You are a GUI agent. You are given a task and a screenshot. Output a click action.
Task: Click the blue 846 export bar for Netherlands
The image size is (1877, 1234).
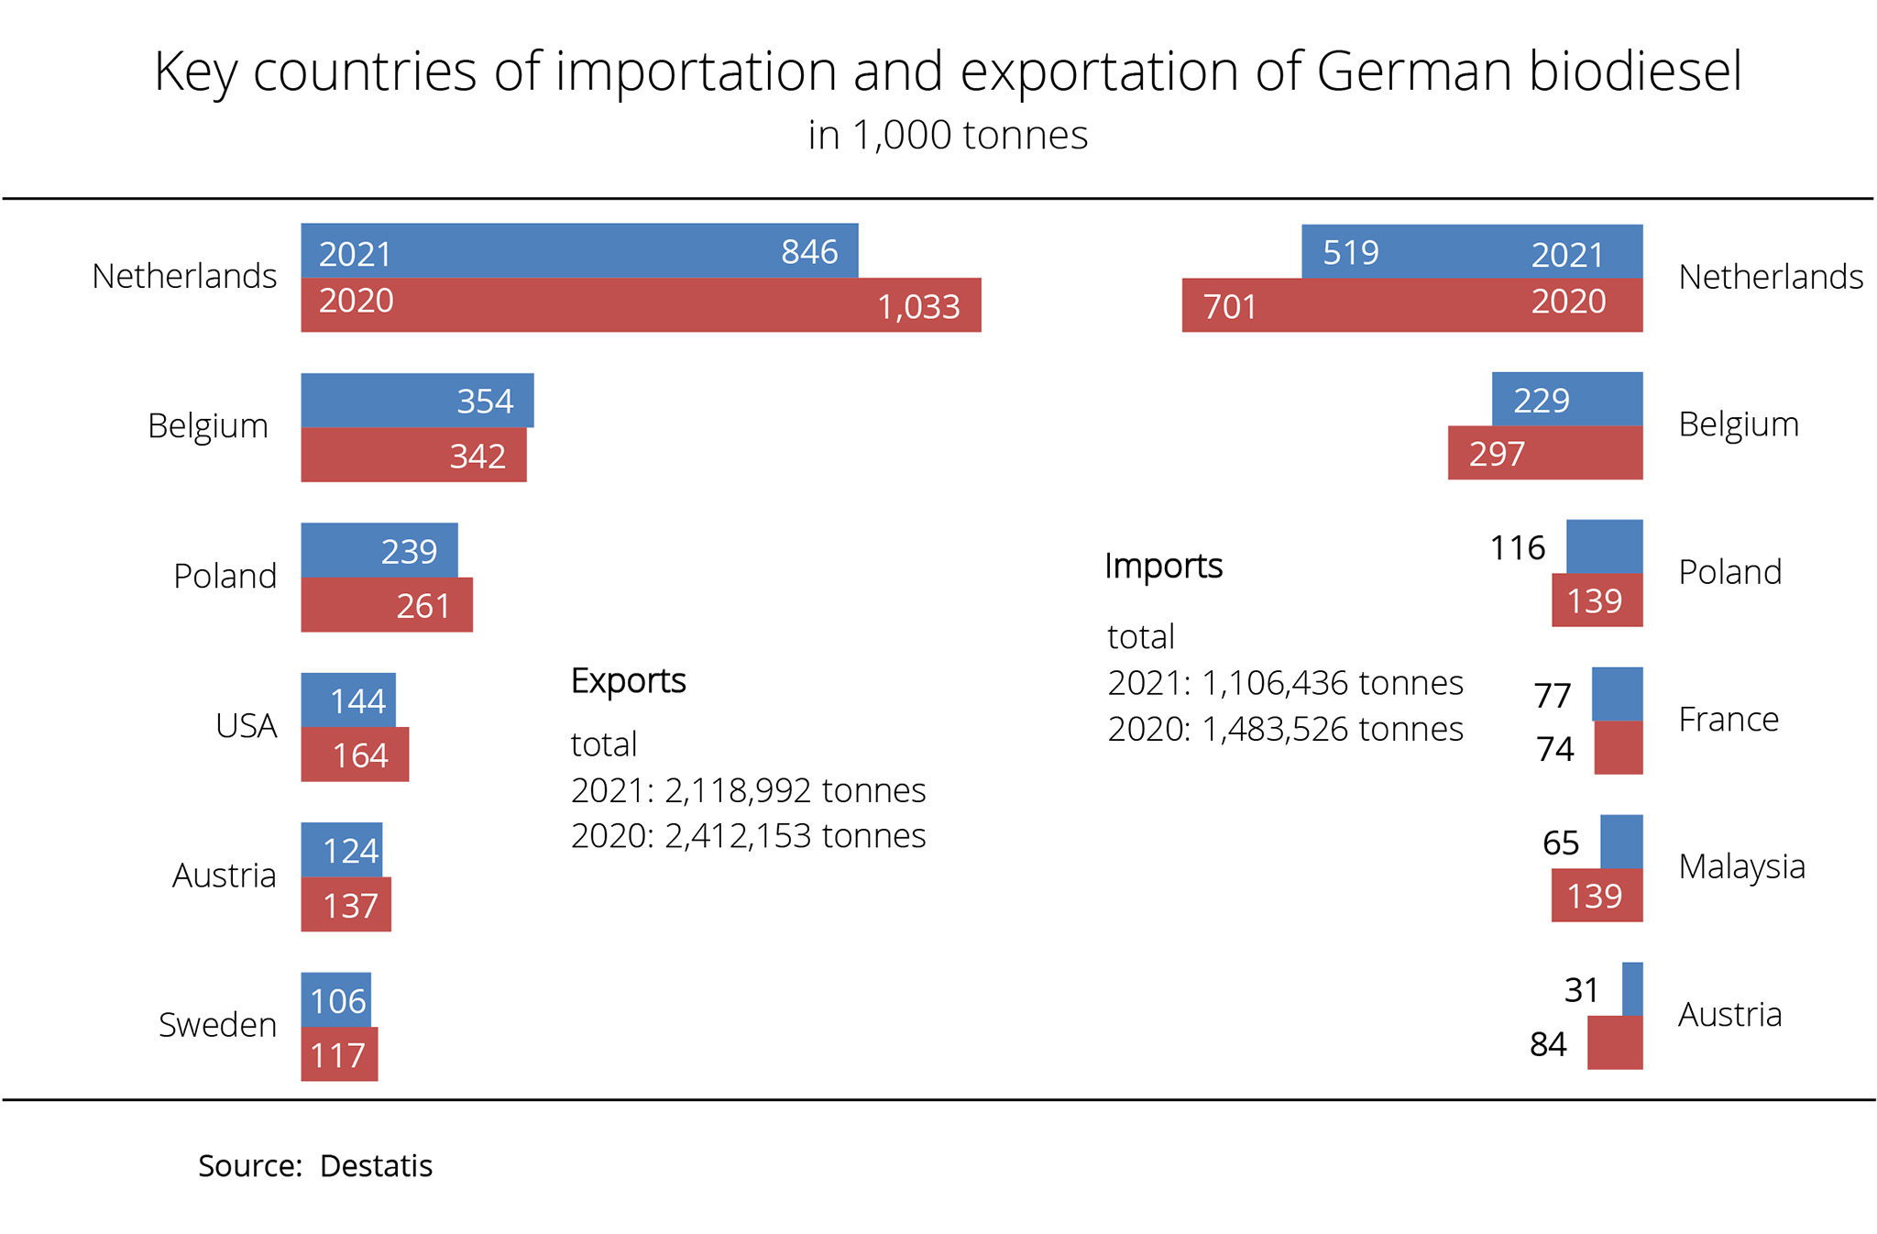pyautogui.click(x=579, y=250)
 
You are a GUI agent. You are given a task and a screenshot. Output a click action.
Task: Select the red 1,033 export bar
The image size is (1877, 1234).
pyautogui.click(x=641, y=304)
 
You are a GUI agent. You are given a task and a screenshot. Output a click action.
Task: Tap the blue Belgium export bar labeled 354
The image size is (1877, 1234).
pyautogui.click(x=417, y=400)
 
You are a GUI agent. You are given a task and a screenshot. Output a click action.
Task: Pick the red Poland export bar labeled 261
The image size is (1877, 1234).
pyautogui.click(x=387, y=605)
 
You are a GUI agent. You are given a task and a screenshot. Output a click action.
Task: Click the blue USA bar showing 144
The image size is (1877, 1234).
pyautogui.click(x=348, y=700)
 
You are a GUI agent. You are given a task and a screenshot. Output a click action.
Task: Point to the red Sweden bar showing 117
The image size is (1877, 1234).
pyautogui.click(x=339, y=1054)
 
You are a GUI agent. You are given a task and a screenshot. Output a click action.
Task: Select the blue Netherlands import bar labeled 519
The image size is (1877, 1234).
pyautogui.click(x=1471, y=251)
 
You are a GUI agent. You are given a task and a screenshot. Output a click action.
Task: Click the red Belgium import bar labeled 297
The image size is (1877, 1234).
pyautogui.click(x=1544, y=453)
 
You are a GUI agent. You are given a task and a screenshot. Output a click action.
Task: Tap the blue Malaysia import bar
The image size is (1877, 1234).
pyautogui.click(x=1621, y=841)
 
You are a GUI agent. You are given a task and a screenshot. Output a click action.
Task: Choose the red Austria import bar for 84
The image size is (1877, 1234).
pyautogui.click(x=1615, y=1043)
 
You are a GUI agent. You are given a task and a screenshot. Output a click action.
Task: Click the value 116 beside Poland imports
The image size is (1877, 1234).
pyautogui.click(x=1518, y=548)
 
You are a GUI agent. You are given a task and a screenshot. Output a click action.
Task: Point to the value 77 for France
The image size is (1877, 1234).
pyautogui.click(x=1553, y=696)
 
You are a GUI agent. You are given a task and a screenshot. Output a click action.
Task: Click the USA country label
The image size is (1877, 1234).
pyautogui.click(x=246, y=726)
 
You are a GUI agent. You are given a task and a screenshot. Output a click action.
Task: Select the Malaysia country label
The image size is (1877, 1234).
pyautogui.click(x=1741, y=866)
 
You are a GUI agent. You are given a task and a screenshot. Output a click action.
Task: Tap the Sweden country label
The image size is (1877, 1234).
pyautogui.click(x=217, y=1025)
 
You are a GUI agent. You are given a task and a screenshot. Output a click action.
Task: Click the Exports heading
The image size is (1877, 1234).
pyautogui.click(x=628, y=680)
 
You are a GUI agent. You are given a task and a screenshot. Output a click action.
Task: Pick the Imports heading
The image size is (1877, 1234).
pyautogui.click(x=1163, y=566)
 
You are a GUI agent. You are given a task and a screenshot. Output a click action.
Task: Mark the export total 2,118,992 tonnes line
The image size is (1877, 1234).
pyautogui.click(x=748, y=790)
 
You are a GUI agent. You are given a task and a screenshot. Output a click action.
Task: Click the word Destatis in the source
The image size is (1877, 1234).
pyautogui.click(x=376, y=1166)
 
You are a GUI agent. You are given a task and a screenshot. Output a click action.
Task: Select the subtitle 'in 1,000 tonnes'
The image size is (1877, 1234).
pyautogui.click(x=947, y=135)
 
